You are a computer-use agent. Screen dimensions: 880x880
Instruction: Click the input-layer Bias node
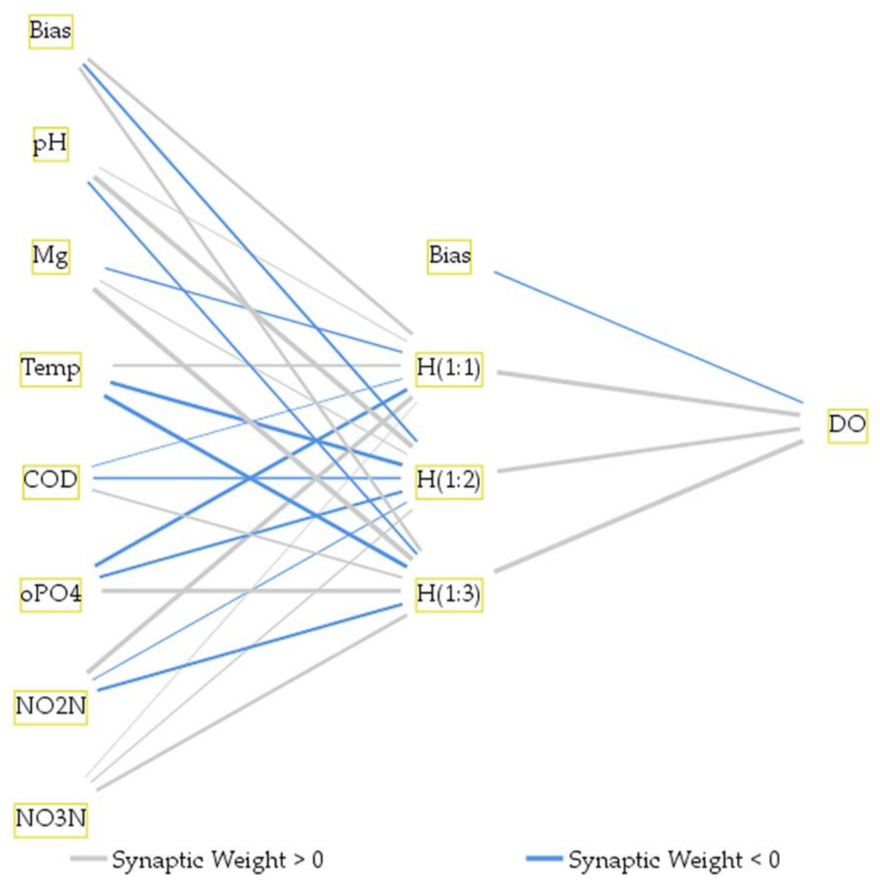tap(50, 32)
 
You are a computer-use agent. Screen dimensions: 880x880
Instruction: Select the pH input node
tap(50, 144)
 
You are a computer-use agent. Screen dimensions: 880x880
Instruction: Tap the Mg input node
tap(50, 257)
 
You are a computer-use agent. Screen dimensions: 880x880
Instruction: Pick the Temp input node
tap(50, 368)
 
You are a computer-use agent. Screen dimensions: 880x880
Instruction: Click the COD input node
tap(50, 480)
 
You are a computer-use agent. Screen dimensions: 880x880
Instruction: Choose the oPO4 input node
tap(50, 593)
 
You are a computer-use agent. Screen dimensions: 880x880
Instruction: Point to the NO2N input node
tap(50, 706)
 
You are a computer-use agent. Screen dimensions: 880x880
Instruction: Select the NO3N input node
tap(50, 818)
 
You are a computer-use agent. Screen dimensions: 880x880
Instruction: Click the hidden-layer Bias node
tap(450, 256)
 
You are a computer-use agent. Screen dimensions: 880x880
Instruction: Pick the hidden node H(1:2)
tap(449, 480)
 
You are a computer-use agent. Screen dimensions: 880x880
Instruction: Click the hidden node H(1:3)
tap(449, 594)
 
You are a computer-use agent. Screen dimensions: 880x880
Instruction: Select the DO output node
tap(847, 425)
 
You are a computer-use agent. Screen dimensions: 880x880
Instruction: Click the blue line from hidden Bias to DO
tap(648, 337)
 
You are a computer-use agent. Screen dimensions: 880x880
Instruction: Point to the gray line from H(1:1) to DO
tap(648, 393)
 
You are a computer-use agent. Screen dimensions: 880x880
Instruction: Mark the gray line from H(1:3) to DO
tap(648, 506)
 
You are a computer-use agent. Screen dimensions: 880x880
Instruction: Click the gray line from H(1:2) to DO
tap(648, 450)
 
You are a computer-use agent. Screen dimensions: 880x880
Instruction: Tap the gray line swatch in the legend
tap(88, 859)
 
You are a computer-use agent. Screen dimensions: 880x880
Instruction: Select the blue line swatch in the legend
tap(544, 859)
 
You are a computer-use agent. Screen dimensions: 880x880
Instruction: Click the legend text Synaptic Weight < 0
tap(674, 860)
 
